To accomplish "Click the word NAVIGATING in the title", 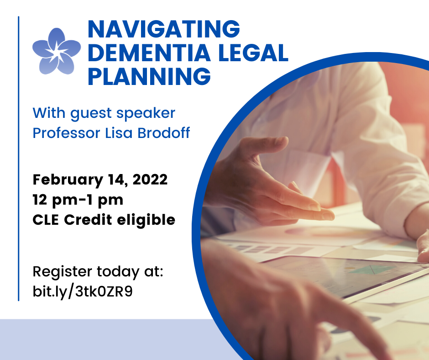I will click(163, 30).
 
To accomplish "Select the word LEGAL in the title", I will click(251, 53).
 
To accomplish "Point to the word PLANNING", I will click(149, 76).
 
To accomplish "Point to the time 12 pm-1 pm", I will click(78, 200).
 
